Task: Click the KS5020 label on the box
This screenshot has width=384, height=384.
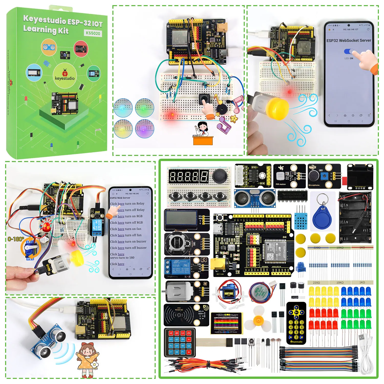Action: (93, 33)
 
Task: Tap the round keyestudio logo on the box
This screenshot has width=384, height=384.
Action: (65, 74)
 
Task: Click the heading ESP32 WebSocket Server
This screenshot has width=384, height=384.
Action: (349, 40)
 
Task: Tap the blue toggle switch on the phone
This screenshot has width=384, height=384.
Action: (349, 51)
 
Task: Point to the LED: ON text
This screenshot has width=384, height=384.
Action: (349, 58)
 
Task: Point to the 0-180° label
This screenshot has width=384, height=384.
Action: (16, 239)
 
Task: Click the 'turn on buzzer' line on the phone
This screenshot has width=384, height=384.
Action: (128, 241)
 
